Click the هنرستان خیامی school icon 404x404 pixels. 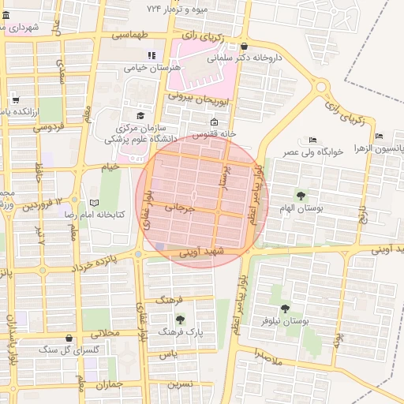coord(151,55)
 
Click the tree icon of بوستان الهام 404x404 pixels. coord(300,195)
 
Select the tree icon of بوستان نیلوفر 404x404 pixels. coord(285,309)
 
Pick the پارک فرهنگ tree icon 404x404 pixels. coord(181,320)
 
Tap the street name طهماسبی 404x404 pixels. coord(129,36)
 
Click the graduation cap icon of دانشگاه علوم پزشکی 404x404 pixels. coord(140,115)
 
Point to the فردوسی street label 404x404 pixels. coord(47,126)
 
